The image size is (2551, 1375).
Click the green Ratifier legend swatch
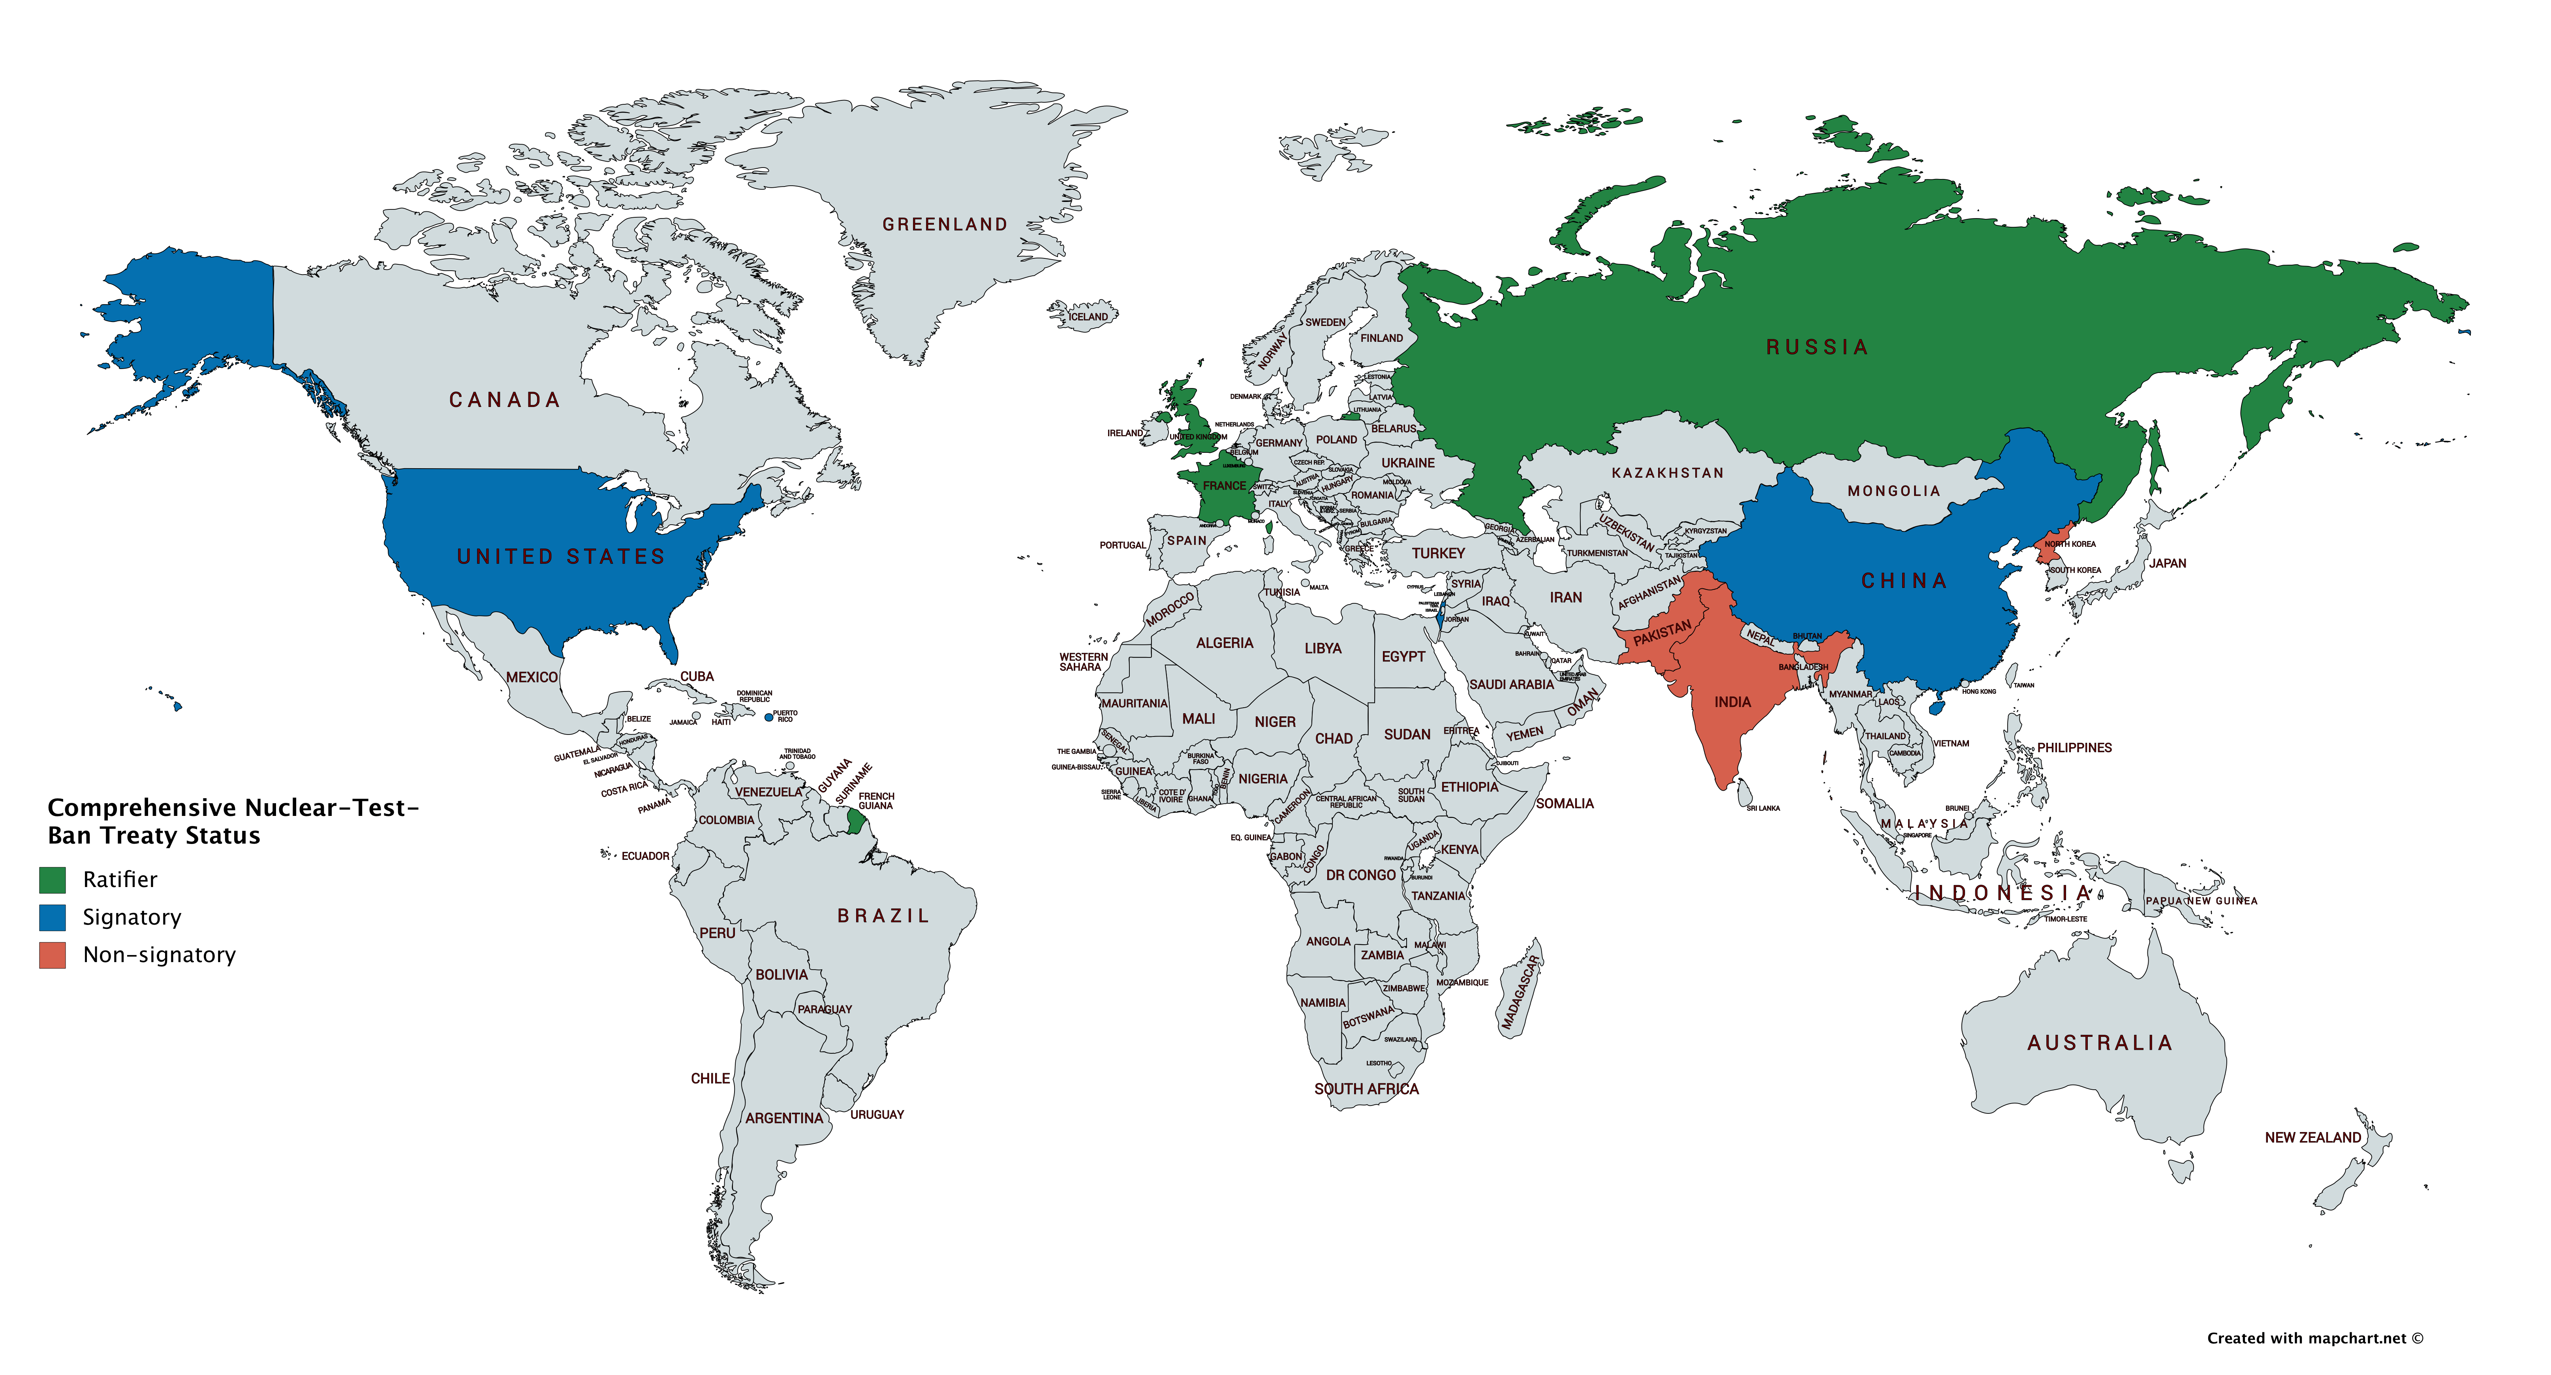(x=53, y=880)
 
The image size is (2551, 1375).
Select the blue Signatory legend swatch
(x=53, y=917)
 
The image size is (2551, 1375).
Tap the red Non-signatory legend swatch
(x=53, y=955)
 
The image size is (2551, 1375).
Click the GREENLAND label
(x=945, y=225)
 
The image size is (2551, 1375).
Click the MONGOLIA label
(x=1894, y=492)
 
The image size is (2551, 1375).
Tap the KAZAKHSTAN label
(x=1668, y=473)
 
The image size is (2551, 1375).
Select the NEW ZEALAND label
(x=2312, y=1137)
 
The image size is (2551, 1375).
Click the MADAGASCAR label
(x=1521, y=994)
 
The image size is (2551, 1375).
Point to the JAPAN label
(x=2168, y=564)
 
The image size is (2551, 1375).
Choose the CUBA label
(x=696, y=676)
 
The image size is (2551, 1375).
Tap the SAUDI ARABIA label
(x=1511, y=684)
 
